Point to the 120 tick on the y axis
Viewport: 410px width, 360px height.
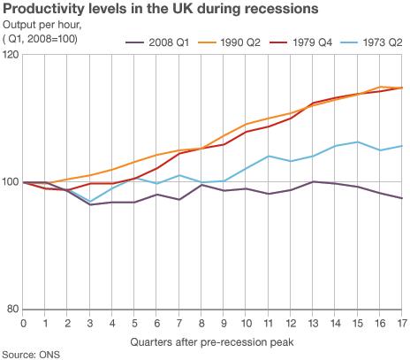tap(11, 55)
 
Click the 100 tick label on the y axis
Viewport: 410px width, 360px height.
tap(11, 182)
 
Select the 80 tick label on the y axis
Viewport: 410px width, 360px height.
tap(11, 309)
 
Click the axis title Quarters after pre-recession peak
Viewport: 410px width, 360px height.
tap(212, 341)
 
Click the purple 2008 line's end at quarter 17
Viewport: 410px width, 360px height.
tap(403, 198)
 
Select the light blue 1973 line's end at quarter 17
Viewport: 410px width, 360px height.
tap(403, 146)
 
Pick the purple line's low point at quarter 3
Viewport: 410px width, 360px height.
tap(90, 204)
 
